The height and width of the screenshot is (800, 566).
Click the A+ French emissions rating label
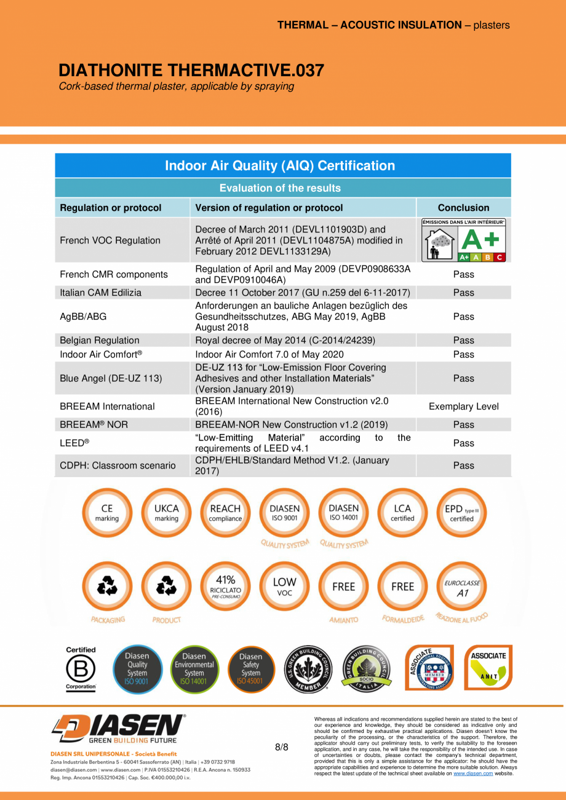point(463,240)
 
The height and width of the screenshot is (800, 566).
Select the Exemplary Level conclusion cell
point(463,406)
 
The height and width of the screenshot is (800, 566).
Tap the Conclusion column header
point(463,208)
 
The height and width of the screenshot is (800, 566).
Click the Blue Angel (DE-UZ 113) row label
point(111,378)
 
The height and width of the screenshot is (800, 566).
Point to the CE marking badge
point(107,513)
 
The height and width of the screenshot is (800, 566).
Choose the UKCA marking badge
point(166,513)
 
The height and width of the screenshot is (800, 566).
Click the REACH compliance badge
point(225,513)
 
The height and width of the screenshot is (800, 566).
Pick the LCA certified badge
point(402,513)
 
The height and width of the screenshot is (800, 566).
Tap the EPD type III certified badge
point(461,513)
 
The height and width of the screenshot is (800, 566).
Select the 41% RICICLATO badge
point(225,587)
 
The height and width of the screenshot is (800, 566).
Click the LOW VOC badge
point(284,587)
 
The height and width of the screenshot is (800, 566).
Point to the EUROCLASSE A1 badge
point(461,587)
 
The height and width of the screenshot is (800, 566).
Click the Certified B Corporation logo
point(81,668)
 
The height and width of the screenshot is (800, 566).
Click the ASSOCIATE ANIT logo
point(488,668)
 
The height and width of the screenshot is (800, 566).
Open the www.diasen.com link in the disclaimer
point(473,774)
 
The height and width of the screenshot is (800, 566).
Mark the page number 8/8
point(281,747)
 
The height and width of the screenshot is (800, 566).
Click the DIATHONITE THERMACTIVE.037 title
point(191,71)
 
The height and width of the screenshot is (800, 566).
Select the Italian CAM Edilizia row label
point(100,293)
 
